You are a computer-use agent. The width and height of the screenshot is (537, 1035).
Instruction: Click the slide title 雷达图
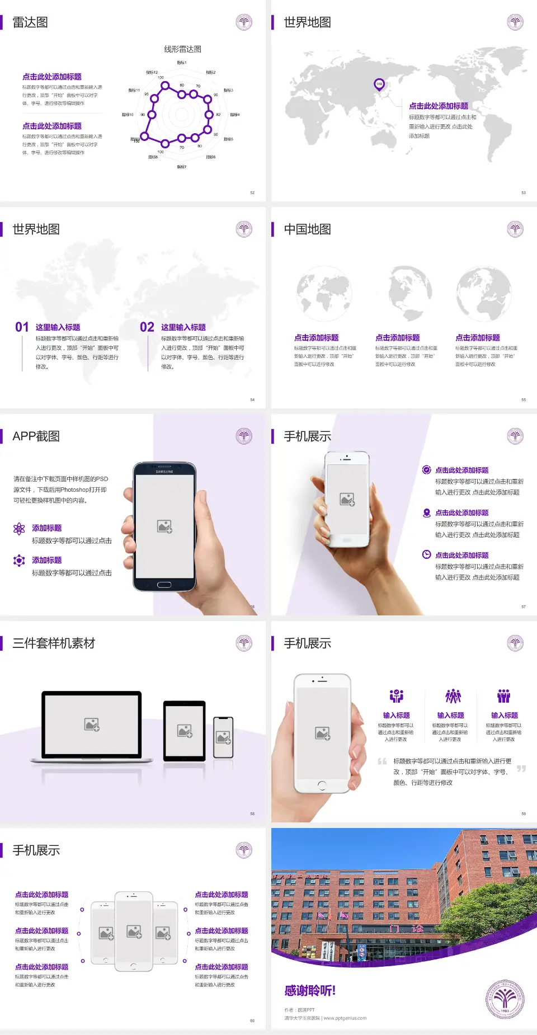pyautogui.click(x=30, y=22)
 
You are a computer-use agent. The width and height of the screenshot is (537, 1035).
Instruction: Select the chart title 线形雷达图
pyautogui.click(x=182, y=49)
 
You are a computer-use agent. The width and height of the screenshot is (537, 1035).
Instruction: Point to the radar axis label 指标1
pyautogui.click(x=182, y=63)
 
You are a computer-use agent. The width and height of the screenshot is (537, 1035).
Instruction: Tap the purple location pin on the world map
pyautogui.click(x=379, y=84)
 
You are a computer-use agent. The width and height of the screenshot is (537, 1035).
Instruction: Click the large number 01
pyautogui.click(x=22, y=327)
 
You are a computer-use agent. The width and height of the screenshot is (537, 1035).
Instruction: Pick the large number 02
pyautogui.click(x=147, y=327)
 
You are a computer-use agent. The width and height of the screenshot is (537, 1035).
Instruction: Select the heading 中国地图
pyautogui.click(x=307, y=229)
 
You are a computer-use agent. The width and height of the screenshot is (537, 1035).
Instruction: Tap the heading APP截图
pyautogui.click(x=36, y=436)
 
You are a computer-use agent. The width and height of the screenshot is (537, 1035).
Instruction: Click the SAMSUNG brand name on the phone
pyautogui.click(x=164, y=472)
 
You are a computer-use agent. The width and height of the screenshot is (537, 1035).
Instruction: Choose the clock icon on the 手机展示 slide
pyautogui.click(x=426, y=555)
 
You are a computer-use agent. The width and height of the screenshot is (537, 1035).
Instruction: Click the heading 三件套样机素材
pyautogui.click(x=54, y=643)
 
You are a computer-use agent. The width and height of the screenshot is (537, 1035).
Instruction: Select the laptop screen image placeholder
pyautogui.click(x=92, y=724)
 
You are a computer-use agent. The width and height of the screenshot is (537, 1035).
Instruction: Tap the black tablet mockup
pyautogui.click(x=185, y=731)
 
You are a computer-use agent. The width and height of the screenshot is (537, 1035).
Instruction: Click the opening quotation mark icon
pyautogui.click(x=382, y=761)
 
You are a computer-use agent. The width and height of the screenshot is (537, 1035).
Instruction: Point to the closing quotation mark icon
pyautogui.click(x=521, y=769)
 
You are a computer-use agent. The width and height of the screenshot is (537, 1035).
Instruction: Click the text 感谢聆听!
pyautogui.click(x=310, y=991)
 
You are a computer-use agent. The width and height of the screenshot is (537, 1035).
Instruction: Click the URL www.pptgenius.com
pyautogui.click(x=345, y=1018)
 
